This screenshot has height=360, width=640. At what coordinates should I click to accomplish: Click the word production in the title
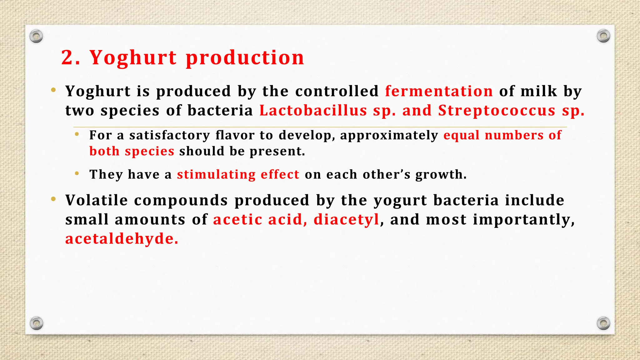[x=245, y=58]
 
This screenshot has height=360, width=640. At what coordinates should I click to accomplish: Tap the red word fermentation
[x=439, y=91]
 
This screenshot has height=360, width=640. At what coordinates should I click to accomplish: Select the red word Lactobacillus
[x=313, y=111]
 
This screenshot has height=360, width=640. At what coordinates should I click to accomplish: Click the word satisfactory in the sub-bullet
[x=170, y=135]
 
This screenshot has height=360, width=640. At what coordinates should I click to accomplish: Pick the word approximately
[x=389, y=135]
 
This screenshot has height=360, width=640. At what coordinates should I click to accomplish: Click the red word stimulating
[x=216, y=174]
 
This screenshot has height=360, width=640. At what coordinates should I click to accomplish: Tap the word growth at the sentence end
[x=441, y=174]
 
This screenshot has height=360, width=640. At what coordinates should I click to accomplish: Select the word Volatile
[x=97, y=200]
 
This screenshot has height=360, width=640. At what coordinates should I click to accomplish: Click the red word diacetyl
[x=346, y=219]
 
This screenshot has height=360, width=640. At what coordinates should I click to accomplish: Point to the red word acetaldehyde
[x=122, y=239]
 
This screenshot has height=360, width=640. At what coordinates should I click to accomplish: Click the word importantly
[x=523, y=219]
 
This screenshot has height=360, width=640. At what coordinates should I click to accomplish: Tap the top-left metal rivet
[x=36, y=37]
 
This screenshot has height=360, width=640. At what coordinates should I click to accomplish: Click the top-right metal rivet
[x=603, y=36]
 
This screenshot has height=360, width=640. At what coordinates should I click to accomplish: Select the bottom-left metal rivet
[x=36, y=323]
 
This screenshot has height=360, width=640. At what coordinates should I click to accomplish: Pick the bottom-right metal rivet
[x=603, y=323]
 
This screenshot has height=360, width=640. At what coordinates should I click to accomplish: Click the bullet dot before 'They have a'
[x=77, y=173]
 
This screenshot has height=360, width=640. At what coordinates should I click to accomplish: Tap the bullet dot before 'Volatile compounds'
[x=53, y=199]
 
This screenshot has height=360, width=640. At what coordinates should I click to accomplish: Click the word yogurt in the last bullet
[x=400, y=200]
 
